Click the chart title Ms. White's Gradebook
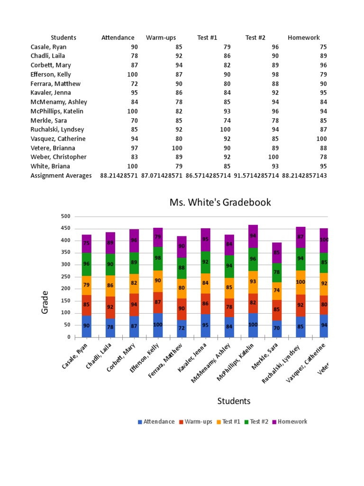tap(220, 202)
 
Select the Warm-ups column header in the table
tap(161, 37)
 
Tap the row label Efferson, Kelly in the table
tap(51, 75)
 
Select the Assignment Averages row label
tap(61, 176)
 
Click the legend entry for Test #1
tap(228, 421)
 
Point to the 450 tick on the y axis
tap(65, 228)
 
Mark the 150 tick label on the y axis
tap(65, 301)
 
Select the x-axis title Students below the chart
tap(234, 401)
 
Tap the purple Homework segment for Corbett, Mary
tap(134, 241)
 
